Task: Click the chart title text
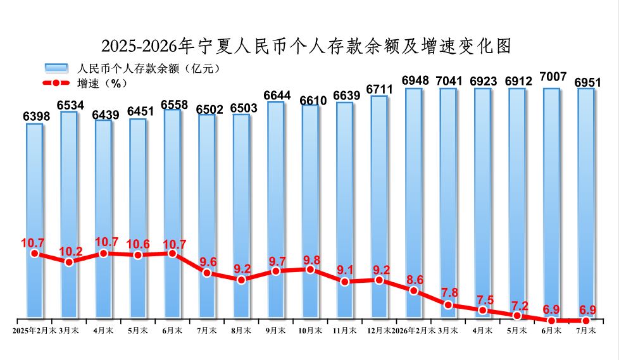[306, 46]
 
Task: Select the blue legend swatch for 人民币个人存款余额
[56, 68]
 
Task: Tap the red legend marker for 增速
[56, 84]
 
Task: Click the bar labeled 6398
[35, 221]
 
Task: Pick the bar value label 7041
[449, 81]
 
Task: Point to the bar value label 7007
[553, 77]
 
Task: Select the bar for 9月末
[276, 209]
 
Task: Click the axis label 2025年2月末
[34, 330]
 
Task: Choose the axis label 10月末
[310, 330]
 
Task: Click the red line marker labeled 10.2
[69, 262]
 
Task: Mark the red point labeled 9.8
[310, 270]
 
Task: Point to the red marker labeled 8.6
[414, 291]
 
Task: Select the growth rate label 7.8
[449, 292]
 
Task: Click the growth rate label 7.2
[520, 306]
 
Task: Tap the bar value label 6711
[379, 90]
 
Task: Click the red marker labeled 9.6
[207, 273]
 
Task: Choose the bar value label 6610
[313, 101]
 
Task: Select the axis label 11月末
[345, 330]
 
